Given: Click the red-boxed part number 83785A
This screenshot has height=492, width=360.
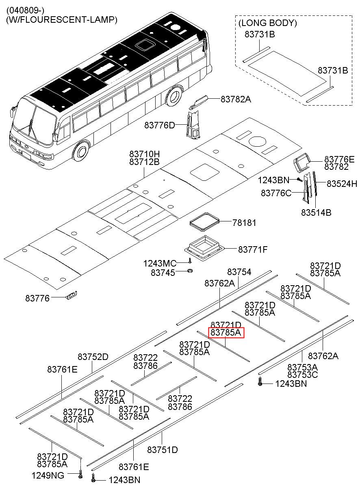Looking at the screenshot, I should pos(226,334).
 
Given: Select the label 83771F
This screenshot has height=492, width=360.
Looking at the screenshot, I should pos(252,249).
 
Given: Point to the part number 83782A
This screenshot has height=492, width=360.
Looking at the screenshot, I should pos(236,99).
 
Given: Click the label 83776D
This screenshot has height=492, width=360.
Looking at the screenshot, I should pos(159,126).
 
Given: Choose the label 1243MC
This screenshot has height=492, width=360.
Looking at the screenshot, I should pos(159,263).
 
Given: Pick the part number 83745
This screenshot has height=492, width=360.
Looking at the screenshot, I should pos(163,273).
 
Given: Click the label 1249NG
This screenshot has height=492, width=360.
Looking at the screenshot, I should pos(48,475).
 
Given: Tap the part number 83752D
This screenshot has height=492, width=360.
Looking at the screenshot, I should pos(93,357).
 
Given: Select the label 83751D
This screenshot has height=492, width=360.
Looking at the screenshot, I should pos(163,450).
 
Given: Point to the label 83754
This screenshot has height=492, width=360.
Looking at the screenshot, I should pos(239,272).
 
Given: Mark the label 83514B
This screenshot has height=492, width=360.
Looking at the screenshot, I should pos(316,212).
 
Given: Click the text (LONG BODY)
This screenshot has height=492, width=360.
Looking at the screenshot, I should pos(267,23).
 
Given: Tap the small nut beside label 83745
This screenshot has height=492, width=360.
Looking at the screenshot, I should pos(190,271).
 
